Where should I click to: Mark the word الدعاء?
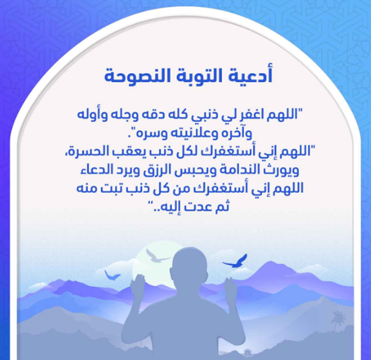coord(96,170)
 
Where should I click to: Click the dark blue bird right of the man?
coord(235,261)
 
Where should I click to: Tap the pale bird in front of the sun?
coord(156,256)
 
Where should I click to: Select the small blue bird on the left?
coord(112,276)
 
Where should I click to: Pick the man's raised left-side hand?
coord(138,286)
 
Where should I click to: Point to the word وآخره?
coord(234,133)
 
